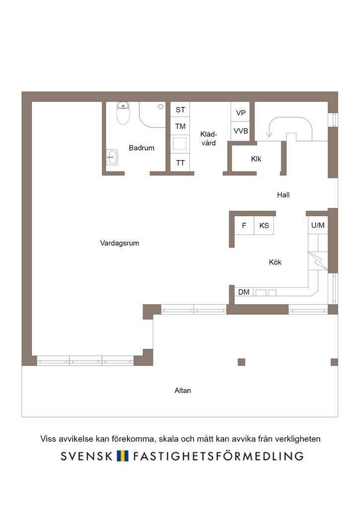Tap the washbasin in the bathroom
coord(112,157)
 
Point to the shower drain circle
coord(161,106)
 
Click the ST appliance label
coord(180,110)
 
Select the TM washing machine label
coord(180,126)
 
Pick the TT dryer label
coord(180,163)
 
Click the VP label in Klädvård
coord(241,113)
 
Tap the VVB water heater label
coord(241,131)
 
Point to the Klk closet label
coord(256,159)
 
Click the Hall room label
coord(283,195)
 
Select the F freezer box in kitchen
coord(244,225)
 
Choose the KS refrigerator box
coord(264,225)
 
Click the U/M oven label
coord(318,225)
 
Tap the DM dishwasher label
coord(244,292)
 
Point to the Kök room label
coord(275,262)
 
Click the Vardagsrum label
coord(119,243)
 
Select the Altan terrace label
coord(183,391)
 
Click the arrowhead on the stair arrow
coord(269,134)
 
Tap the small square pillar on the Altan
coord(242,362)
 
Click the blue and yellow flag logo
coord(122,456)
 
